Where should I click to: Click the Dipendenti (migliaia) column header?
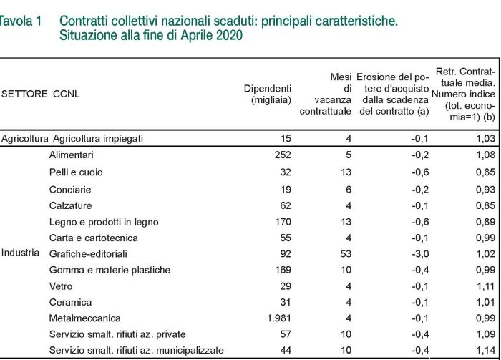[x=268, y=94]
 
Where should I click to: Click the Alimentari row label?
[x=72, y=155]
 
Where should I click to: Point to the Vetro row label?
[x=61, y=286]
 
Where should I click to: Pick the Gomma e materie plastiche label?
[x=110, y=270]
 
